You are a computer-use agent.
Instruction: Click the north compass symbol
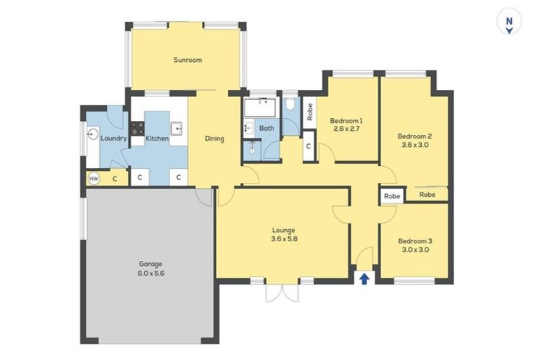pyautogui.click(x=508, y=22)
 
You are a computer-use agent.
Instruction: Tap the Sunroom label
pyautogui.click(x=188, y=60)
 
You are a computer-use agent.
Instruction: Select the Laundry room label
pyautogui.click(x=113, y=139)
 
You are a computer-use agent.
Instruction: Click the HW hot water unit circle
pyautogui.click(x=94, y=179)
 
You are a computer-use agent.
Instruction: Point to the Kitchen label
pyautogui.click(x=157, y=139)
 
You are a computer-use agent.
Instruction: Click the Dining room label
pyautogui.click(x=214, y=139)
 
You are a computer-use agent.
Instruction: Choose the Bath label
pyautogui.click(x=266, y=128)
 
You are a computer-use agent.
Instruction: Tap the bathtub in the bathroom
pyautogui.click(x=262, y=108)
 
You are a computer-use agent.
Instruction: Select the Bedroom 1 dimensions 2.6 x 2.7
pyautogui.click(x=347, y=129)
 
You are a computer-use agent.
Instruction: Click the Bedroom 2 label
pyautogui.click(x=414, y=136)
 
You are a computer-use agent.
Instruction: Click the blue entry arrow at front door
pyautogui.click(x=364, y=278)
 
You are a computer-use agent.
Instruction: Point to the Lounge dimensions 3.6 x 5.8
pyautogui.click(x=284, y=239)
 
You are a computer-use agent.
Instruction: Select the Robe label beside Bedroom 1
pyautogui.click(x=309, y=113)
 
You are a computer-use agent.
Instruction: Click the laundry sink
pyautogui.click(x=91, y=134)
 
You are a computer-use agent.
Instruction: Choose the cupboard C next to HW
pyautogui.click(x=115, y=179)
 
